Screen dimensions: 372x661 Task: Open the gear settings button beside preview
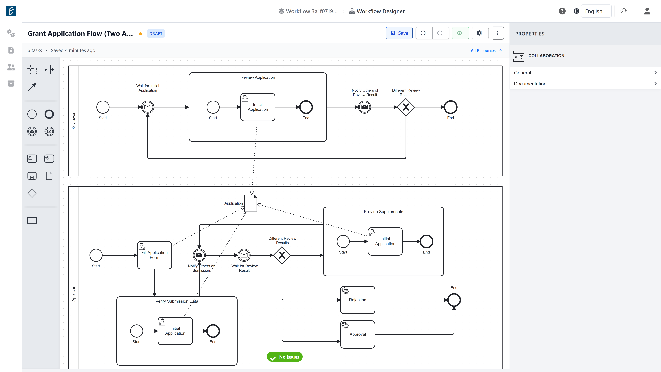click(479, 33)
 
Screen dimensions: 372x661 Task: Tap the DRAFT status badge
click(156, 34)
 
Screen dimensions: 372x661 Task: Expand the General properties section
click(585, 73)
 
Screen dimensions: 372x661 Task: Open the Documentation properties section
click(585, 84)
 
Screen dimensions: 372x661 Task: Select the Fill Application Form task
click(154, 255)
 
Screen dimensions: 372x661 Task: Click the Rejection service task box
click(357, 300)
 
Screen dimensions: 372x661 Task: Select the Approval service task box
click(357, 334)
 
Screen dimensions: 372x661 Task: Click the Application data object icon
click(251, 203)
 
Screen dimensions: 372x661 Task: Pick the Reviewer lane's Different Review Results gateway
click(406, 107)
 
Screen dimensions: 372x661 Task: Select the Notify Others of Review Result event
click(364, 107)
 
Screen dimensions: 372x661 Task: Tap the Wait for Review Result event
click(244, 255)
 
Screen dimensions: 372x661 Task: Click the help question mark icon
click(562, 11)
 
